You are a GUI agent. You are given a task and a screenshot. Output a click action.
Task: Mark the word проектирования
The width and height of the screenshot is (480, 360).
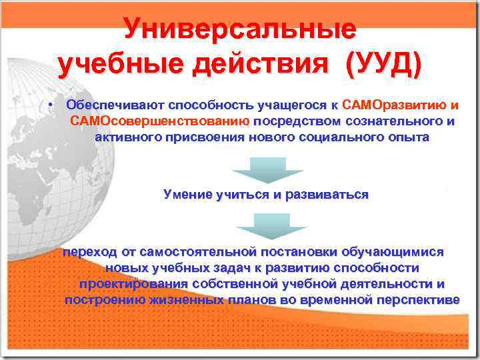(133, 284)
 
